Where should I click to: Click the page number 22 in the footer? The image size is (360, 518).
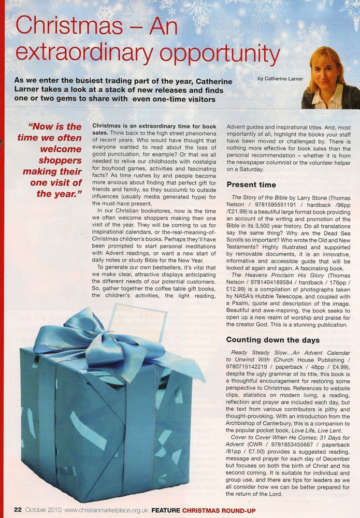point(17,509)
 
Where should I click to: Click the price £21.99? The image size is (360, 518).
point(245,214)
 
